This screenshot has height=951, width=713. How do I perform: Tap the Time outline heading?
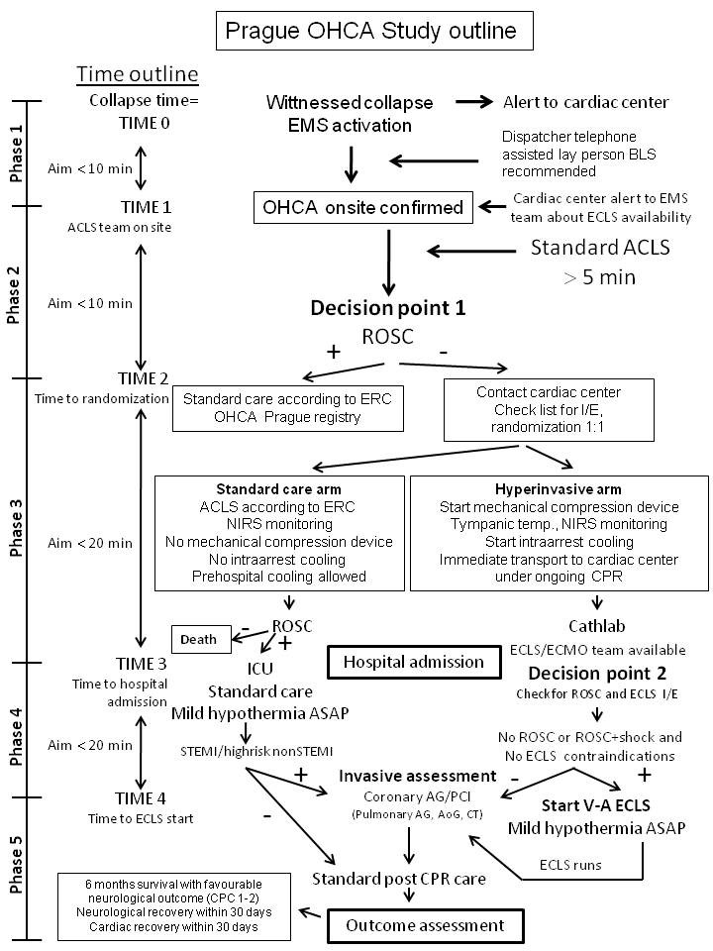click(x=138, y=74)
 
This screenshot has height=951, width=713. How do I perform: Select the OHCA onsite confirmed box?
click(x=362, y=207)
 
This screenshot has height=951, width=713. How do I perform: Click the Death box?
click(x=198, y=639)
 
